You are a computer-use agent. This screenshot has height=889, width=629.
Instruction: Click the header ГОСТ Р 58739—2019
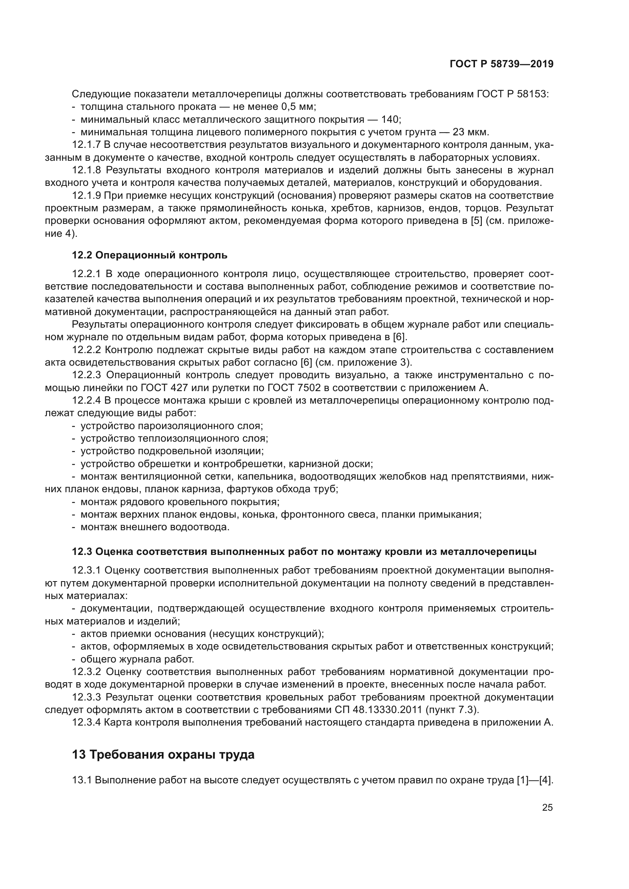(502, 64)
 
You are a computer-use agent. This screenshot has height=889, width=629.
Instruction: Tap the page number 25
(547, 808)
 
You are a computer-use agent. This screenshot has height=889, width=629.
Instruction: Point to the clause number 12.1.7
(86, 145)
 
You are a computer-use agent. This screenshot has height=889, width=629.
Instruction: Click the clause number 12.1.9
(86, 195)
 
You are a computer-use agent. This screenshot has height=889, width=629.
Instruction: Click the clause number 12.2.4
(86, 400)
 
